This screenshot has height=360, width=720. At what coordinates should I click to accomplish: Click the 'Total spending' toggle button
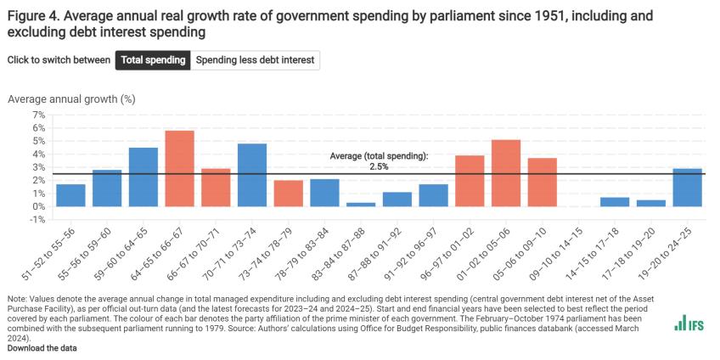click(153, 60)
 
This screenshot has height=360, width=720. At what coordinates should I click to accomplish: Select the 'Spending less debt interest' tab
click(256, 60)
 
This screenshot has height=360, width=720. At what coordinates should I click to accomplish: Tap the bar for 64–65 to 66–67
click(179, 168)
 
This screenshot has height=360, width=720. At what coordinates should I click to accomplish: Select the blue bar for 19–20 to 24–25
click(687, 188)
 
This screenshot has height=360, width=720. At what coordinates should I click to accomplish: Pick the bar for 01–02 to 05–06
click(506, 173)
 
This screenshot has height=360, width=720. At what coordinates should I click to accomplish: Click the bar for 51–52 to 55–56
click(70, 195)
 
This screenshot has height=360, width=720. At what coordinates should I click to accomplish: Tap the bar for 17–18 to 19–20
click(650, 203)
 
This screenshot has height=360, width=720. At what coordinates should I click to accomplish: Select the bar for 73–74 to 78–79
click(289, 194)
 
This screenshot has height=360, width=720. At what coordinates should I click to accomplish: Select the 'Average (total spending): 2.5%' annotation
click(378, 161)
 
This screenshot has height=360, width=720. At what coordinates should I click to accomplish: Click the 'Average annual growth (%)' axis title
click(71, 98)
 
